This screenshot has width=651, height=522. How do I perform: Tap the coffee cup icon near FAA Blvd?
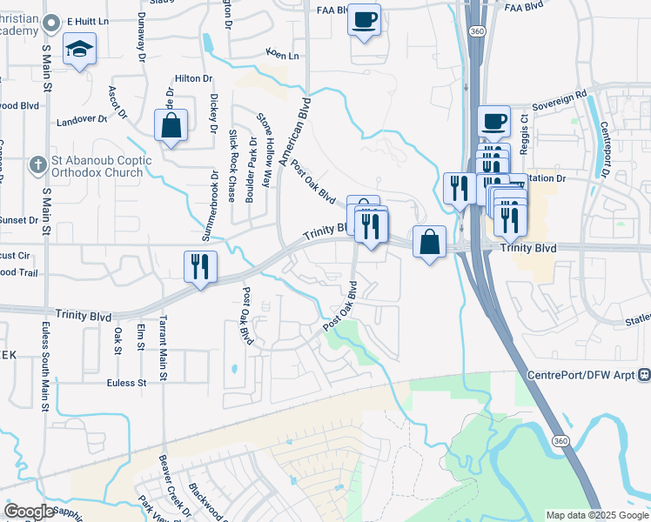(364, 18)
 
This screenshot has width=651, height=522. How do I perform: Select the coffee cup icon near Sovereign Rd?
(493, 122)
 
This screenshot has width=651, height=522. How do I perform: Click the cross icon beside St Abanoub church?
(37, 164)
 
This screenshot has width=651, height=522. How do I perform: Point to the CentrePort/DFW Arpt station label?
(580, 375)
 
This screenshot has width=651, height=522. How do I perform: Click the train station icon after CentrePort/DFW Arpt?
(644, 375)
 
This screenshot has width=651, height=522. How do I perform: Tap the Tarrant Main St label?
(162, 349)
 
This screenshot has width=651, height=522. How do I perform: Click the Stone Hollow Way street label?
(265, 150)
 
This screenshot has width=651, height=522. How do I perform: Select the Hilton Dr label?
(193, 78)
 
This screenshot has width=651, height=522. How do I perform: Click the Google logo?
(28, 512)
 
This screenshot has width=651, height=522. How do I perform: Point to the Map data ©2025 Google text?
(596, 515)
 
